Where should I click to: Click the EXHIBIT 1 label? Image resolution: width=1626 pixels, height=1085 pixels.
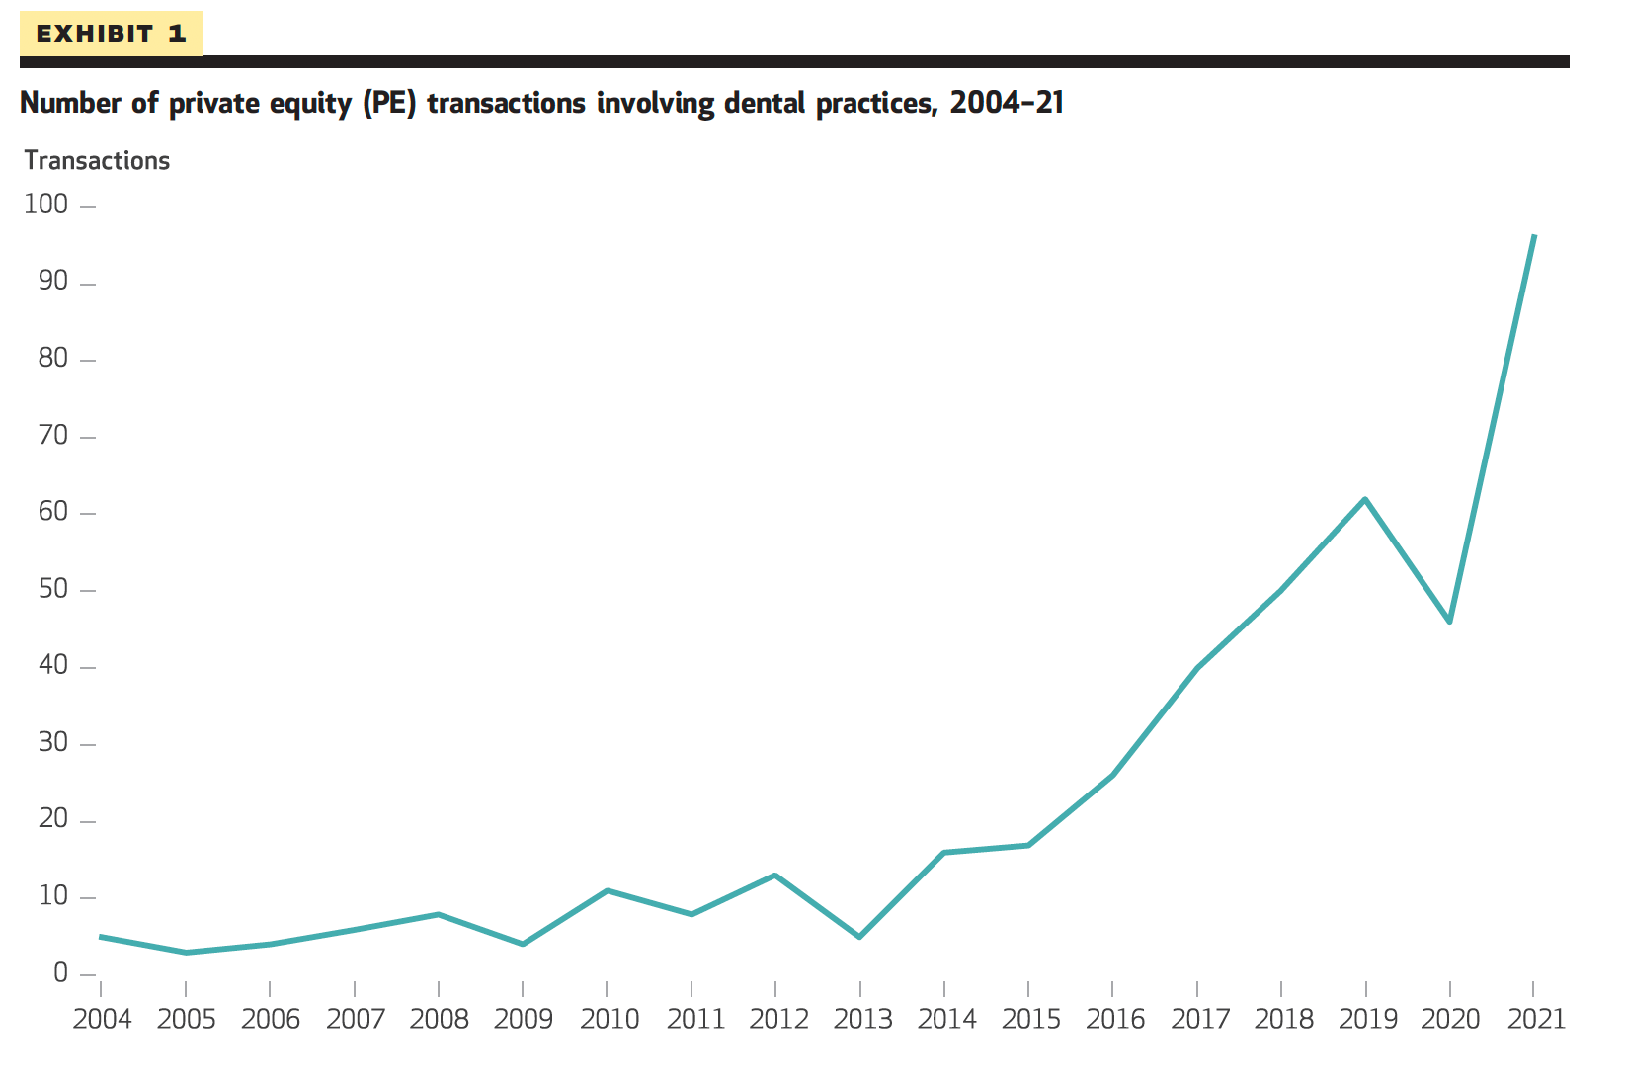[111, 34]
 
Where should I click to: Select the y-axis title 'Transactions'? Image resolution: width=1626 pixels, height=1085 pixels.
[97, 161]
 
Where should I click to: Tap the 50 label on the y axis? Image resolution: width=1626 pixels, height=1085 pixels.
[53, 590]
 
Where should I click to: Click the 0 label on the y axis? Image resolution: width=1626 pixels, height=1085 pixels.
[61, 974]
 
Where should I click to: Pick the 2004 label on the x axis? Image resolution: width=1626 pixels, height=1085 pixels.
[102, 1019]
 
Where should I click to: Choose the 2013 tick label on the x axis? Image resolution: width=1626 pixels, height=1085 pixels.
[861, 1019]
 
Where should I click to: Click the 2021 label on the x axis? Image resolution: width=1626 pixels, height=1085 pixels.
[1536, 1019]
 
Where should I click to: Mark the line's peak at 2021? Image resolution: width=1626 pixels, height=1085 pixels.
[1533, 236]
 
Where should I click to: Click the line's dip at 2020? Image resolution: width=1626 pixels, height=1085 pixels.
[1449, 622]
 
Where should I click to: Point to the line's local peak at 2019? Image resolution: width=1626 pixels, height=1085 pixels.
[1365, 499]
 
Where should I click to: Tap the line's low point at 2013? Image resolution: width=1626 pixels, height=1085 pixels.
[859, 937]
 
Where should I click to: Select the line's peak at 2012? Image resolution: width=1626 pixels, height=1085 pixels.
[775, 875]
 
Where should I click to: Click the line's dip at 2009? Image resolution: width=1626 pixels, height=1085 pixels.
[523, 945]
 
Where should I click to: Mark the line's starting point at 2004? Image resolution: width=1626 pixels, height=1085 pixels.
[101, 936]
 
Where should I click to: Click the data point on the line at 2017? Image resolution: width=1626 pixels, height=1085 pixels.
[1197, 668]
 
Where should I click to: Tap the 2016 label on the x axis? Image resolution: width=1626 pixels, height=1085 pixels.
[1114, 1019]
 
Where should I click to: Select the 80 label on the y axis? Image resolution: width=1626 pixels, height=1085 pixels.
[53, 360]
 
